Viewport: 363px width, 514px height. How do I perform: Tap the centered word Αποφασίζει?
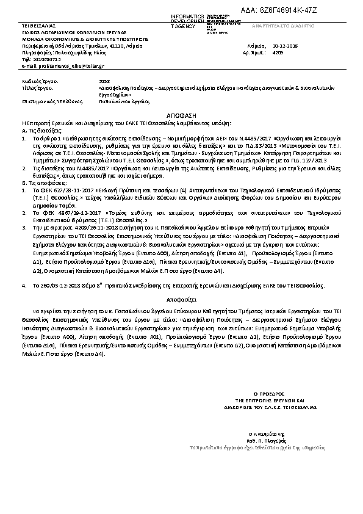point(182,300)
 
